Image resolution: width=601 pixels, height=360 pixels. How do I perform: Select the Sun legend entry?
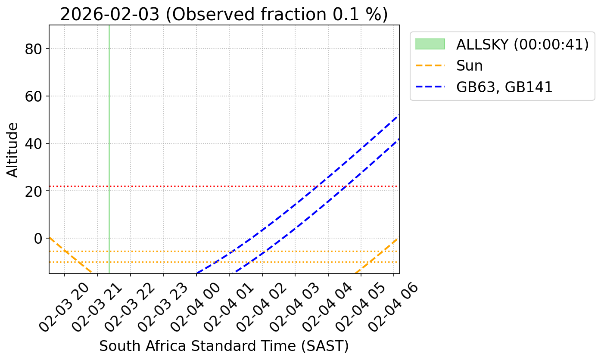470,66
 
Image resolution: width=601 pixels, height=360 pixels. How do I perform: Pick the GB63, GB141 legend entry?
504,87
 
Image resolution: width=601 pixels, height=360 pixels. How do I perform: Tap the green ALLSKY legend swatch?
430,44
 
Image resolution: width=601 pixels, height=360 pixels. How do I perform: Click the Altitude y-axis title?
13,149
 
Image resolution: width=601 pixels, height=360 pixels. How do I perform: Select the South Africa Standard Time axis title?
224,346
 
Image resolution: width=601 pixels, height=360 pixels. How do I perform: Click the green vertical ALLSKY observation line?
109,129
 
